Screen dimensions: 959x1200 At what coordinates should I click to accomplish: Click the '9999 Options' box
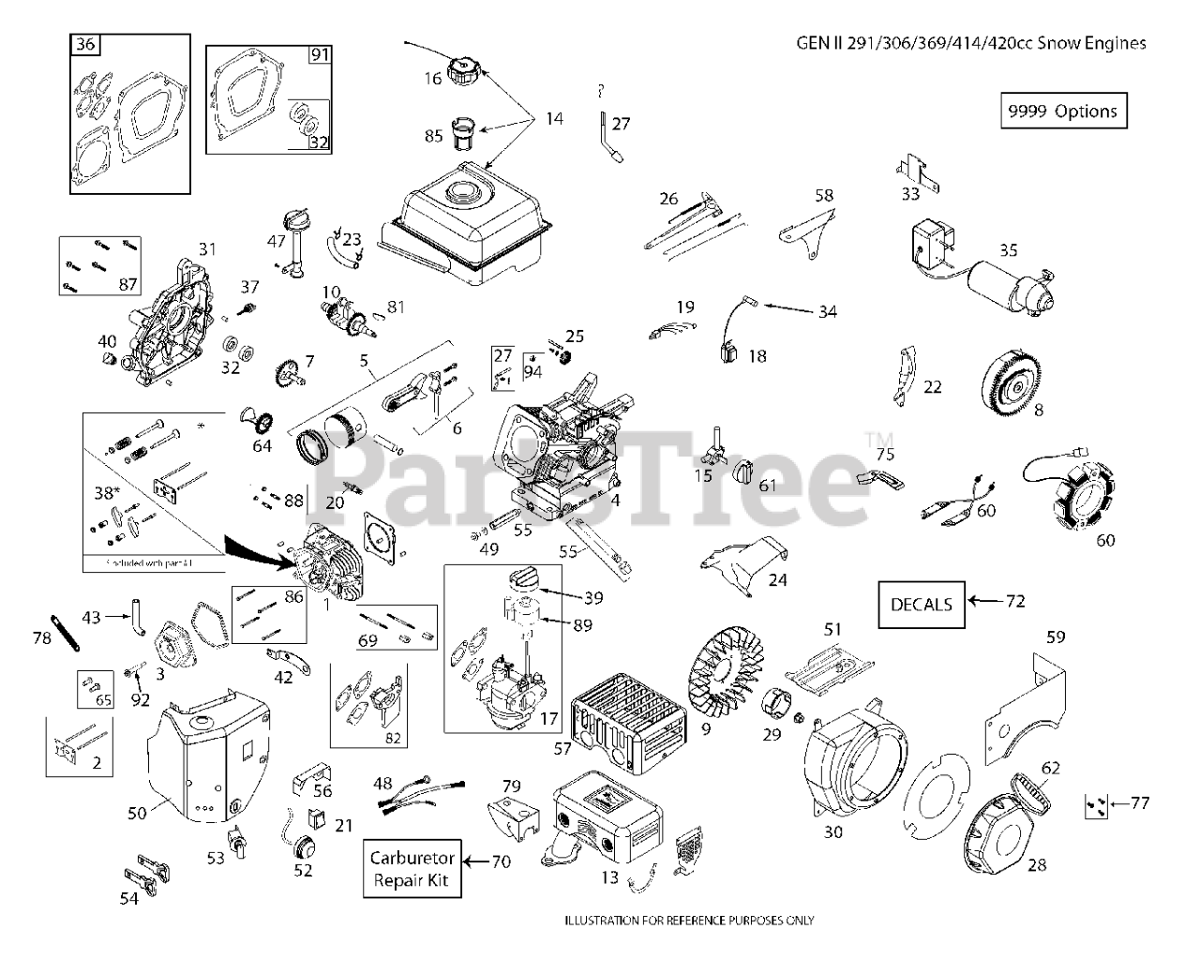[1062, 111]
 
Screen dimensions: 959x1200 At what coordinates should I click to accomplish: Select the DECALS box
[921, 604]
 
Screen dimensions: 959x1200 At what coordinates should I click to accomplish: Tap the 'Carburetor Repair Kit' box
[412, 869]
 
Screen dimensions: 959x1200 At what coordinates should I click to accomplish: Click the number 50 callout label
[137, 813]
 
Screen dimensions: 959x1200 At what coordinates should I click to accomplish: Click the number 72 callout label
[1014, 601]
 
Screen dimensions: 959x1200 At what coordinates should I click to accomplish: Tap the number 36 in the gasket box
[85, 44]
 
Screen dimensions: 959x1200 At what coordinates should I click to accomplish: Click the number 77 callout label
[1139, 802]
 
